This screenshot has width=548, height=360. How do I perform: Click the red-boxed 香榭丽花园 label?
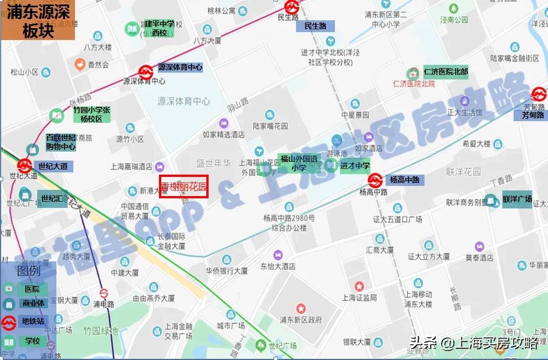click(184, 186)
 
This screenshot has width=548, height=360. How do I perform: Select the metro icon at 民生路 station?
click(291, 6)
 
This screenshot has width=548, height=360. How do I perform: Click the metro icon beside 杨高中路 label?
click(375, 180)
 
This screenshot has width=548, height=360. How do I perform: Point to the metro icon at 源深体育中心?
click(146, 72)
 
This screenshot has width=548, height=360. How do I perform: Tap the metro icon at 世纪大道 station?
click(24, 166)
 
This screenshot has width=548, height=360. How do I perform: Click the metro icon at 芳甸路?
click(538, 94)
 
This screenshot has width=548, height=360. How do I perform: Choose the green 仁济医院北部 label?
click(445, 72)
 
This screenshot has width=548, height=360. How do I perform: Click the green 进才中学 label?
click(355, 166)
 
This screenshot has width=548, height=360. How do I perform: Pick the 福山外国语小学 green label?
click(299, 163)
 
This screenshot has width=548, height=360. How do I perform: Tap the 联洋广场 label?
click(517, 199)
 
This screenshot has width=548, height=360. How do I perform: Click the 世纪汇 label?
click(52, 198)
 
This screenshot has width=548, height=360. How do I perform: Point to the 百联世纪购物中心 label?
click(60, 142)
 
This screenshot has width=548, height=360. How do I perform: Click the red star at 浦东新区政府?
click(300, 309)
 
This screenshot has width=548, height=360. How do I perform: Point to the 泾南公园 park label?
click(454, 20)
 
